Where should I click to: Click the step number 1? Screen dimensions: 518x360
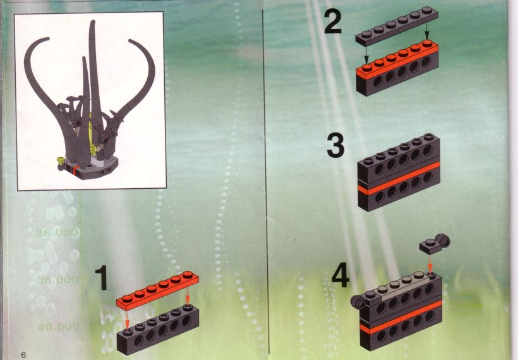102,278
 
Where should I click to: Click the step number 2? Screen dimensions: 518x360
333,22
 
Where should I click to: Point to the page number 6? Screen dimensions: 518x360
23,355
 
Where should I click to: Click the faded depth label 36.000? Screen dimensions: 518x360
57,233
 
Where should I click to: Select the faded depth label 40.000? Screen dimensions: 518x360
59,327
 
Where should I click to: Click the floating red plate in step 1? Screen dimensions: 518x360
157,291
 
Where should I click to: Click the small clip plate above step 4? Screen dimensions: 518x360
435,244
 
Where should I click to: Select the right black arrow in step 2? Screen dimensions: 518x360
427,32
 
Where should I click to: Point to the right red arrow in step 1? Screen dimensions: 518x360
188,296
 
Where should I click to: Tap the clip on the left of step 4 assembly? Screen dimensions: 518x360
357,301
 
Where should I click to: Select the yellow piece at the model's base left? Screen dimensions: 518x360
61,161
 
